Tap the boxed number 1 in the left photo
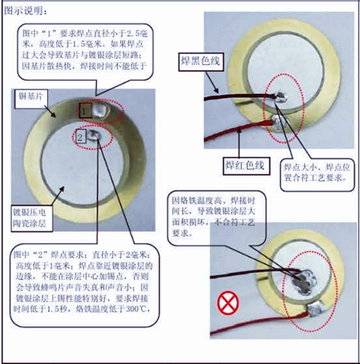pos(85,110)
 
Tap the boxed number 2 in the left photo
pos(81,136)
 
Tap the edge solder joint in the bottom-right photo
pos(315,311)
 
